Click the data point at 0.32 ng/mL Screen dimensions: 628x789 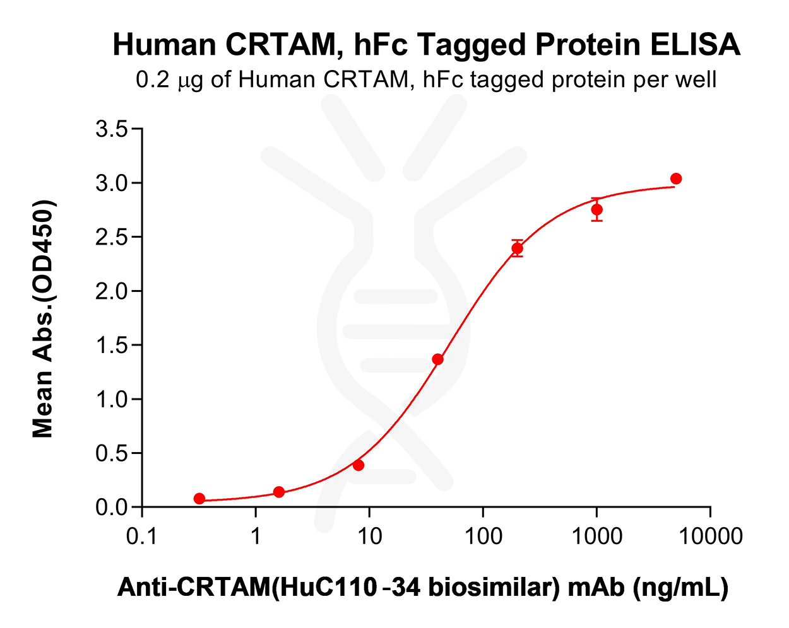click(x=199, y=499)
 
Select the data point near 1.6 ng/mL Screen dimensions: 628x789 click(x=279, y=492)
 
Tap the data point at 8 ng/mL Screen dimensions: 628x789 click(x=359, y=465)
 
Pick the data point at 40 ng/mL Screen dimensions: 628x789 click(x=437, y=359)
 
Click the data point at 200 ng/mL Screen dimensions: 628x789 click(x=517, y=248)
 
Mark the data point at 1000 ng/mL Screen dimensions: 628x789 click(x=596, y=209)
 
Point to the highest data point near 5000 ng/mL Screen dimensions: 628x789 click(x=676, y=179)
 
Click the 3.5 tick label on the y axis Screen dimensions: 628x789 click(x=111, y=130)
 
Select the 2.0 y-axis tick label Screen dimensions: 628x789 click(x=111, y=291)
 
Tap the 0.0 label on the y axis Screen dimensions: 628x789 click(x=111, y=508)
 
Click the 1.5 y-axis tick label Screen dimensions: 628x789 click(x=111, y=346)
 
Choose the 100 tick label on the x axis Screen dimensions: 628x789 click(x=483, y=537)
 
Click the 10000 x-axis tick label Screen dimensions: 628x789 click(x=710, y=537)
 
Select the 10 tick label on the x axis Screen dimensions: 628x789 click(x=369, y=537)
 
